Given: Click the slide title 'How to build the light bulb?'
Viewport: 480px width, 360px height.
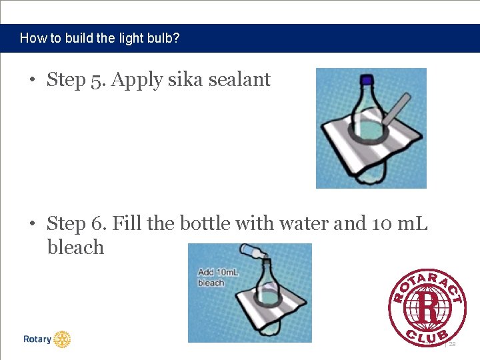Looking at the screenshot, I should click(x=99, y=38).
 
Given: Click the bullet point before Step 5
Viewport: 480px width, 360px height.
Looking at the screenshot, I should click(x=33, y=81).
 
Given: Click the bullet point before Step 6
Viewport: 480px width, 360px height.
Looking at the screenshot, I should click(x=33, y=224).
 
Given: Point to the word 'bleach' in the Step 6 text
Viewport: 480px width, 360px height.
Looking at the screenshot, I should click(x=75, y=247).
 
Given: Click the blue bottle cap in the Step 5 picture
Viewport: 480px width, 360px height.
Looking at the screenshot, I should click(x=366, y=80).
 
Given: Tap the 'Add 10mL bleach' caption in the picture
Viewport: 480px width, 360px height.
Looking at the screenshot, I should click(x=212, y=277).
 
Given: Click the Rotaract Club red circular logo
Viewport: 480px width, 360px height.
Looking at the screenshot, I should click(x=427, y=307).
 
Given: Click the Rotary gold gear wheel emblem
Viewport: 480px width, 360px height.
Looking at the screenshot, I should click(x=62, y=339).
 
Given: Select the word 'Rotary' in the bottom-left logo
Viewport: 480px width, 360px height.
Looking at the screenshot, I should click(x=37, y=339).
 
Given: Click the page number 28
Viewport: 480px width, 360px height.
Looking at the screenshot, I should click(x=452, y=344).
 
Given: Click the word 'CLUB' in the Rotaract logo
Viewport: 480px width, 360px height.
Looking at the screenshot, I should click(x=428, y=333).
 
